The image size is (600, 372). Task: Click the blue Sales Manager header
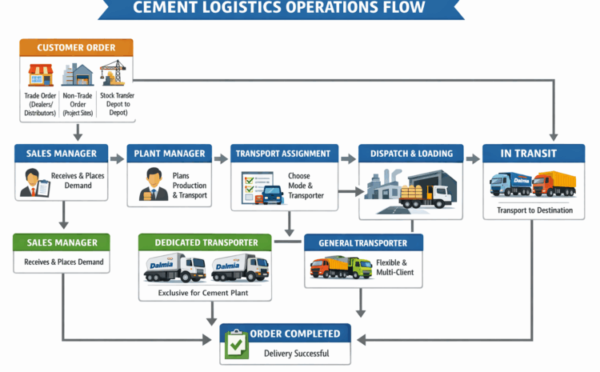(62, 154)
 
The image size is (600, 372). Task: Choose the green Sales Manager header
(62, 242)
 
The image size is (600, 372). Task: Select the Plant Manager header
(170, 154)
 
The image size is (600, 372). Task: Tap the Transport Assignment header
(285, 154)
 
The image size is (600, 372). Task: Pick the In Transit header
(531, 154)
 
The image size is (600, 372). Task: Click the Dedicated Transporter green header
(205, 242)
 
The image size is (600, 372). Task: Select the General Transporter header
(363, 242)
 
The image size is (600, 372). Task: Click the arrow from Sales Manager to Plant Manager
(117, 158)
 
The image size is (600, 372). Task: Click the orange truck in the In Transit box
(554, 184)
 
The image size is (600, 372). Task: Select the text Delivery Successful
(296, 353)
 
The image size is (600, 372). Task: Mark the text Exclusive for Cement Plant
(205, 294)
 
